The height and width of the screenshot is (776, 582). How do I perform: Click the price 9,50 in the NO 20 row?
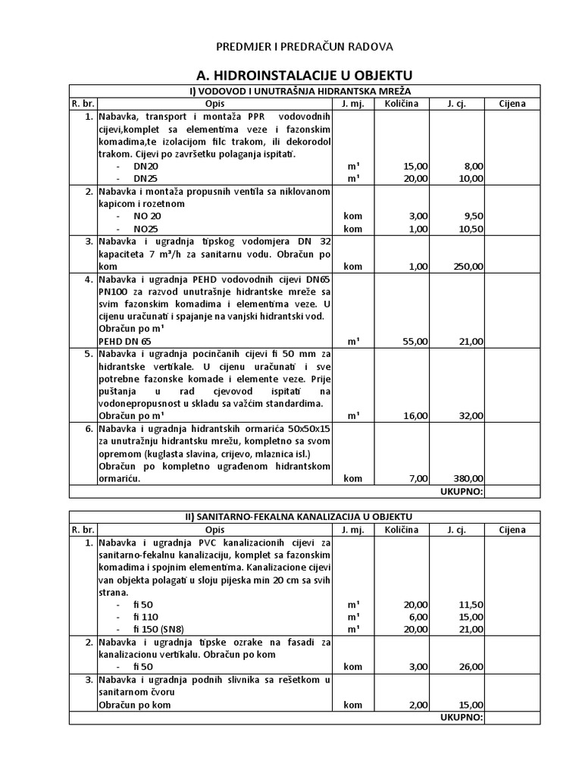(x=472, y=216)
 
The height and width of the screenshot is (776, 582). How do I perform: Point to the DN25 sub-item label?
(x=145, y=179)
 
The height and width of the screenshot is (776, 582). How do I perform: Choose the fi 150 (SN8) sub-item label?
(x=158, y=630)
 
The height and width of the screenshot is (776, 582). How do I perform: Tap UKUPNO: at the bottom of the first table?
(x=461, y=491)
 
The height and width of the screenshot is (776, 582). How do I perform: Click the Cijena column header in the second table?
(x=512, y=530)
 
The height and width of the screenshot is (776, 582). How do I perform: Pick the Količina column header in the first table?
(x=400, y=104)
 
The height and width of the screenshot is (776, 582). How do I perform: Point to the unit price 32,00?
(x=471, y=416)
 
